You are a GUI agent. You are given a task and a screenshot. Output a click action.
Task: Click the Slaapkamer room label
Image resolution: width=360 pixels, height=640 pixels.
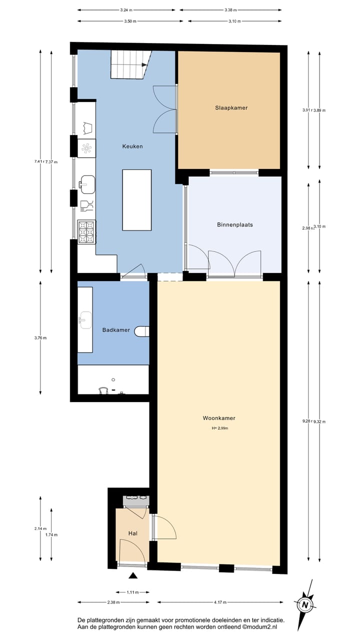pos(231,107)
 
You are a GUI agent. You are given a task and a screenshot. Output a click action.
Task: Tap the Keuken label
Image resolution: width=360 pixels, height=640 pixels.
pos(132,146)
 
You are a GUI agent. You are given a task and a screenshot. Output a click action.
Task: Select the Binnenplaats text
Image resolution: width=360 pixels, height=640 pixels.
pos(234,224)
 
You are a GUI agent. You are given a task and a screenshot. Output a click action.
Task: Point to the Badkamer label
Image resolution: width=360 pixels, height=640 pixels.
pos(116,330)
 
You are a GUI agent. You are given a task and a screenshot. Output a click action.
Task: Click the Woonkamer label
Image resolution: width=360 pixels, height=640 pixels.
pos(219,418)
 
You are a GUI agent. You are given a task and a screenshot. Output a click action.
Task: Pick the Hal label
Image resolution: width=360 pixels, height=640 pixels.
pos(132,533)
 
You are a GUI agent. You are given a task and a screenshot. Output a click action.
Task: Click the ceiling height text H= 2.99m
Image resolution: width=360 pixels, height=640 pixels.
pos(220,428)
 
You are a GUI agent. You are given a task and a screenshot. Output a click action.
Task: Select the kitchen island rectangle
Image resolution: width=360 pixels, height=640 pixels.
pos(136,200)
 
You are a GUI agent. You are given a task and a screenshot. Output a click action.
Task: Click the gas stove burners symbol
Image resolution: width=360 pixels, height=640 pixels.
pos(86,231)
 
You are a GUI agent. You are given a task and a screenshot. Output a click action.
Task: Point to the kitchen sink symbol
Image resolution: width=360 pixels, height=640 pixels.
pos(87,184)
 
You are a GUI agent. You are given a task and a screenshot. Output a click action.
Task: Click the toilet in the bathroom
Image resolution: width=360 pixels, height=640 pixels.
pos(143,331)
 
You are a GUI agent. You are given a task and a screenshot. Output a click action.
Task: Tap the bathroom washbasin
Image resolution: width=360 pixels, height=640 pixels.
pos(85,318)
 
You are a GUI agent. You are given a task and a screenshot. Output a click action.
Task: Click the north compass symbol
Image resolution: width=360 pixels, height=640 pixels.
pos(304,604)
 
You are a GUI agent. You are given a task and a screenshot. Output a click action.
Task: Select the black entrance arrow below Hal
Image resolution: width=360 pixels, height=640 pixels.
pos(132,575)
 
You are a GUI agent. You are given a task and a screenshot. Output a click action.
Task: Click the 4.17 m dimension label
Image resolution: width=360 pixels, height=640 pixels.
pos(219,602)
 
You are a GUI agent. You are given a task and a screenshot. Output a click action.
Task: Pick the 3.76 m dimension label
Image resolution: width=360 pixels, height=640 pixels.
pos(40,337)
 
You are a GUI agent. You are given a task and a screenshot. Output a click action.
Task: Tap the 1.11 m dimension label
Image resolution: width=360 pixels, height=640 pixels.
pos(132,592)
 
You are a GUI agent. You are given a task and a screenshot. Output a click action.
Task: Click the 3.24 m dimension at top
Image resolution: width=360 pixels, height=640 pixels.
pos(127,9)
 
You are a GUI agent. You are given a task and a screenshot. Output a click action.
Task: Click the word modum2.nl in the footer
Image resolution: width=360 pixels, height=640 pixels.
pos(262,626)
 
